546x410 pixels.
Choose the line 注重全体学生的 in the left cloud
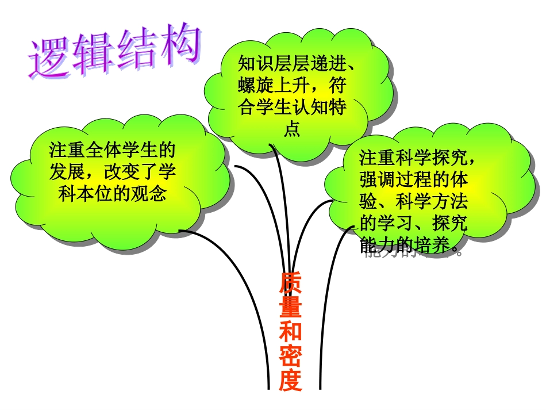111,151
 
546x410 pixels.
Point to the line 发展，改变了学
111,172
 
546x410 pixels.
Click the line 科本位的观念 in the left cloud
111,194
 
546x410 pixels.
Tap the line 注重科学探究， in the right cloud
418,156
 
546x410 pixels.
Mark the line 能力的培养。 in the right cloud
412,246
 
